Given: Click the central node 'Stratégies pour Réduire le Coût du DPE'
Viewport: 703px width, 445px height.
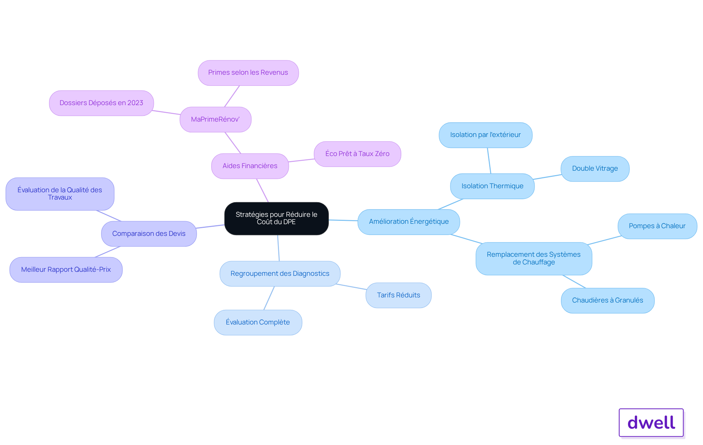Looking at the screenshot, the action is click(276, 218).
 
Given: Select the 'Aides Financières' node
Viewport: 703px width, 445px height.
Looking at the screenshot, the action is click(250, 166).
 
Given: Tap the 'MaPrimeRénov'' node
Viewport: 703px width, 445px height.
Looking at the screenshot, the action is click(215, 119).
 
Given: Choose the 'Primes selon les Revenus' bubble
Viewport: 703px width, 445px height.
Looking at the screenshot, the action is click(248, 73).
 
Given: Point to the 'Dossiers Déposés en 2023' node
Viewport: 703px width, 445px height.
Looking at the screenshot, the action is click(101, 103).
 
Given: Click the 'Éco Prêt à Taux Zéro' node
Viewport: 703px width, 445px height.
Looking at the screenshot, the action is click(357, 154).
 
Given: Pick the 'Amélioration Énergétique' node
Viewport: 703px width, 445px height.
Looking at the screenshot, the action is click(409, 222).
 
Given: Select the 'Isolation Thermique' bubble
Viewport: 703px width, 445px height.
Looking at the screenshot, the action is click(492, 186).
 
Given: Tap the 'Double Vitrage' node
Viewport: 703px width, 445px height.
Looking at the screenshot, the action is click(595, 169).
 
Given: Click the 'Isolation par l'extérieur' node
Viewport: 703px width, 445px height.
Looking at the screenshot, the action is click(486, 135).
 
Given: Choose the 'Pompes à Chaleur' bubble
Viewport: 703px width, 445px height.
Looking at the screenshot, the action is click(657, 226).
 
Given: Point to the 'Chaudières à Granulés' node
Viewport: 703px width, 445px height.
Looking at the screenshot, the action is click(608, 301).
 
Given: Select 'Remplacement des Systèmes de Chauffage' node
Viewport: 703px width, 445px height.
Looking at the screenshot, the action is click(534, 259).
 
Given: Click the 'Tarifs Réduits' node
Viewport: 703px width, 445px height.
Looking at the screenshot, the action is click(398, 295).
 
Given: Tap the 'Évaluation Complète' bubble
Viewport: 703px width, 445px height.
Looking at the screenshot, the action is click(258, 323).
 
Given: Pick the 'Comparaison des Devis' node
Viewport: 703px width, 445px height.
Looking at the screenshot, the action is click(149, 234).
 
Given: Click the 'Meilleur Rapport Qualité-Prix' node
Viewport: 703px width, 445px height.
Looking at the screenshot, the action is click(66, 270).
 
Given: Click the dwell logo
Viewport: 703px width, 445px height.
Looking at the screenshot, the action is click(651, 423).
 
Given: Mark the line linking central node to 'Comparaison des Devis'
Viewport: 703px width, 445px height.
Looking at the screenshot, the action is click(210, 227).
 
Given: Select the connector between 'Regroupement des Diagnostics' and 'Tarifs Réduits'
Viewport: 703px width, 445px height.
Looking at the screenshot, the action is click(351, 287).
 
